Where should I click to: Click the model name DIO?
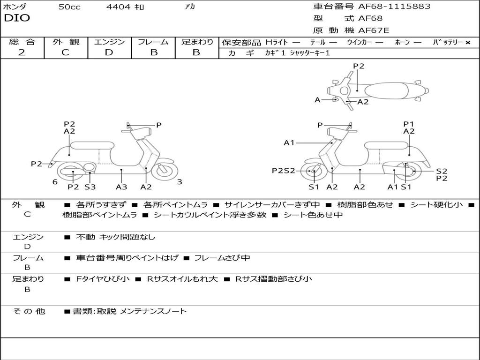point(17,18)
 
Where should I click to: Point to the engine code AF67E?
point(374,30)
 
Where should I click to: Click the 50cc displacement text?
point(69,7)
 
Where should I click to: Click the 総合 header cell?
point(22,42)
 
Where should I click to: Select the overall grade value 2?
point(22,52)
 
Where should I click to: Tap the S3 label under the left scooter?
point(90,187)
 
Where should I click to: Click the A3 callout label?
point(121,187)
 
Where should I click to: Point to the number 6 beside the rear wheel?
point(55,182)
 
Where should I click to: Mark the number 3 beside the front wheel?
point(180,182)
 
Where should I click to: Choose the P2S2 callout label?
point(284,171)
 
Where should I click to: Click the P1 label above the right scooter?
point(409,124)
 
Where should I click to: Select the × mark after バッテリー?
point(467,43)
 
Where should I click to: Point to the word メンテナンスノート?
point(153,311)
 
